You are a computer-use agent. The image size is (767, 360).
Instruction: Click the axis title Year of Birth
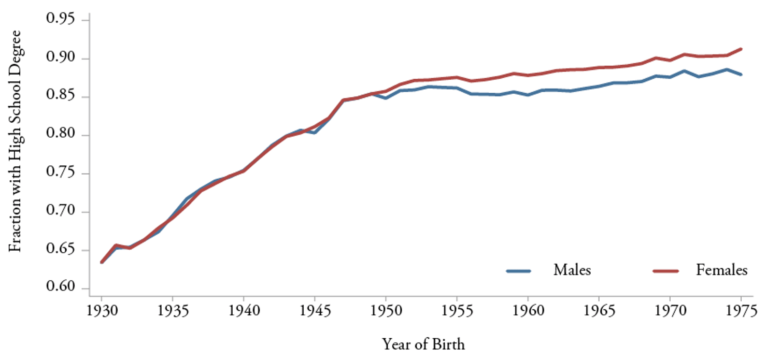click(423, 344)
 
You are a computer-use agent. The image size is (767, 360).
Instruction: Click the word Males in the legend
click(572, 270)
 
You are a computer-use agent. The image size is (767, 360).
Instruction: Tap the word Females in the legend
click(722, 270)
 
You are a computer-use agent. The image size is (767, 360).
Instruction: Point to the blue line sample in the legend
click(519, 270)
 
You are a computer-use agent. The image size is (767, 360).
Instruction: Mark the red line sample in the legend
click(665, 270)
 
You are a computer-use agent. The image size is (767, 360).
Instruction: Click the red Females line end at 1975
click(741, 49)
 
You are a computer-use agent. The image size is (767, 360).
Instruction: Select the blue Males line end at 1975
click(741, 75)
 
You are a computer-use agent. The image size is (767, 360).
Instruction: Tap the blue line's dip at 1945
click(314, 133)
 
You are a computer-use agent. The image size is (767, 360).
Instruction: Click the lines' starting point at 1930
click(102, 262)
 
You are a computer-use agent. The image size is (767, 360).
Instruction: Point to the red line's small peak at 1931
click(116, 245)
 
